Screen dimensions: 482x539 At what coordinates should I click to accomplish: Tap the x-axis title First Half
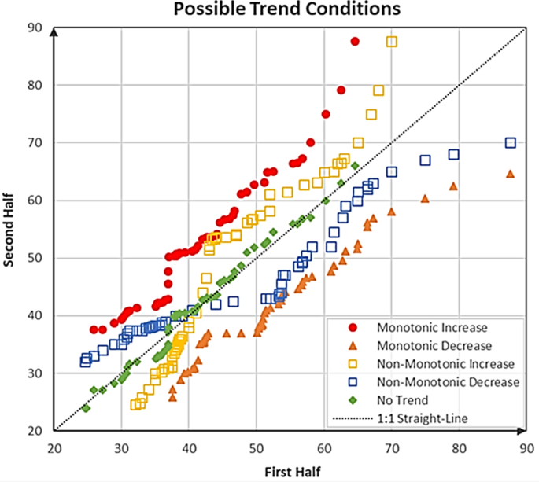pos(290,471)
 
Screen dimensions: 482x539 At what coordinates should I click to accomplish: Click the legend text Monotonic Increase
pos(432,327)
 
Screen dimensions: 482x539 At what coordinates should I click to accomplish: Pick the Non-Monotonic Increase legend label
pos(445,364)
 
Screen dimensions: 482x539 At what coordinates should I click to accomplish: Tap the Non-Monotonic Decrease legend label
pos(446,382)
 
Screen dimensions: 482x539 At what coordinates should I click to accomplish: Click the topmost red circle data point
pos(355,41)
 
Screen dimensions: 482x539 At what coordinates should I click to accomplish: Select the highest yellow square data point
pos(391,42)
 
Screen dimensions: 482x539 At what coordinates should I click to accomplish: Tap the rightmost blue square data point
pos(510,143)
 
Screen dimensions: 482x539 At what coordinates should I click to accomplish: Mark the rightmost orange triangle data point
pos(510,174)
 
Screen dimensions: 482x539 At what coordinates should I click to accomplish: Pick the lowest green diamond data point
pos(86,408)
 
